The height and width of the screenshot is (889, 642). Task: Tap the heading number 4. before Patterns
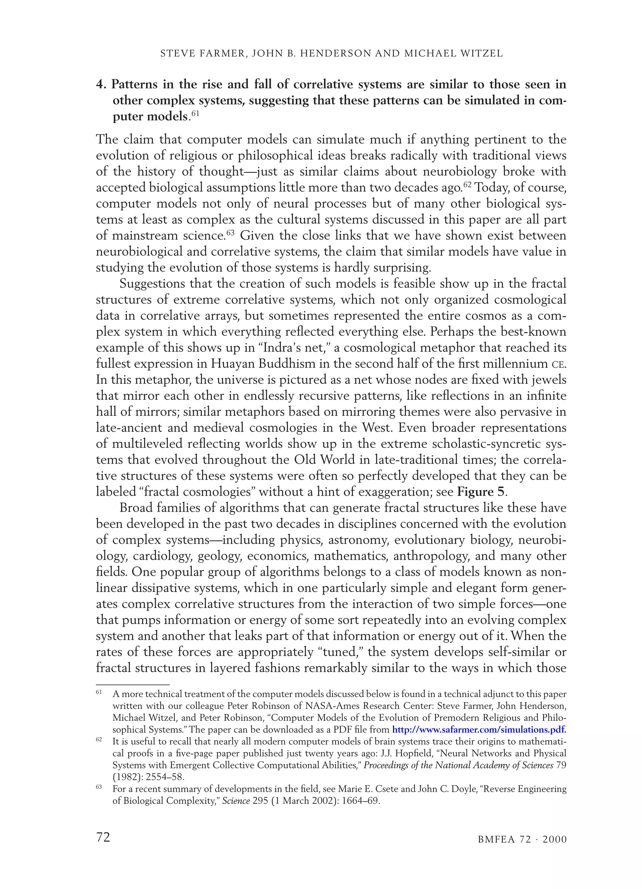point(102,85)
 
